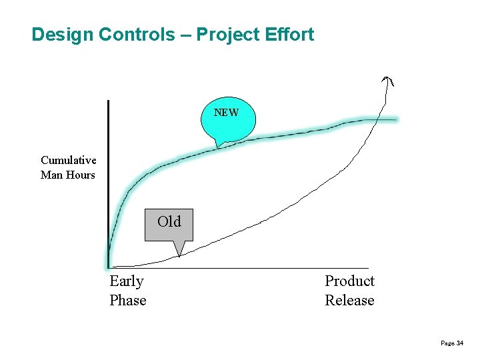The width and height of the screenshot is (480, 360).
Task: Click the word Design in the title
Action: point(63,35)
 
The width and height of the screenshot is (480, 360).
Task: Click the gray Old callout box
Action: point(169,223)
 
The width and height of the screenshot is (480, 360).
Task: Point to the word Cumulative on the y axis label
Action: point(68,160)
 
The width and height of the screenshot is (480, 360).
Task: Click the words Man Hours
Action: point(68,175)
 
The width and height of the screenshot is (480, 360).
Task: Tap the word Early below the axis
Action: point(127,281)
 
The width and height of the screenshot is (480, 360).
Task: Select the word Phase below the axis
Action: point(128,300)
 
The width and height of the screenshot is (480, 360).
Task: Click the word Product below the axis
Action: point(349,281)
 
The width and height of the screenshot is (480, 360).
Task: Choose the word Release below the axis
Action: point(349,300)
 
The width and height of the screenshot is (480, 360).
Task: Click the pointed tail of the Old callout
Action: point(178,254)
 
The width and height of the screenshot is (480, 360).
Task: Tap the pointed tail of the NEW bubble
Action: point(217,145)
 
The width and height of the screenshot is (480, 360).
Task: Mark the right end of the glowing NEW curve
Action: point(396,120)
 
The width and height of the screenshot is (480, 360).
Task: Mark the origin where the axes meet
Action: point(108,267)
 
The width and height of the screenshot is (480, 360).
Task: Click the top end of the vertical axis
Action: point(108,101)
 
